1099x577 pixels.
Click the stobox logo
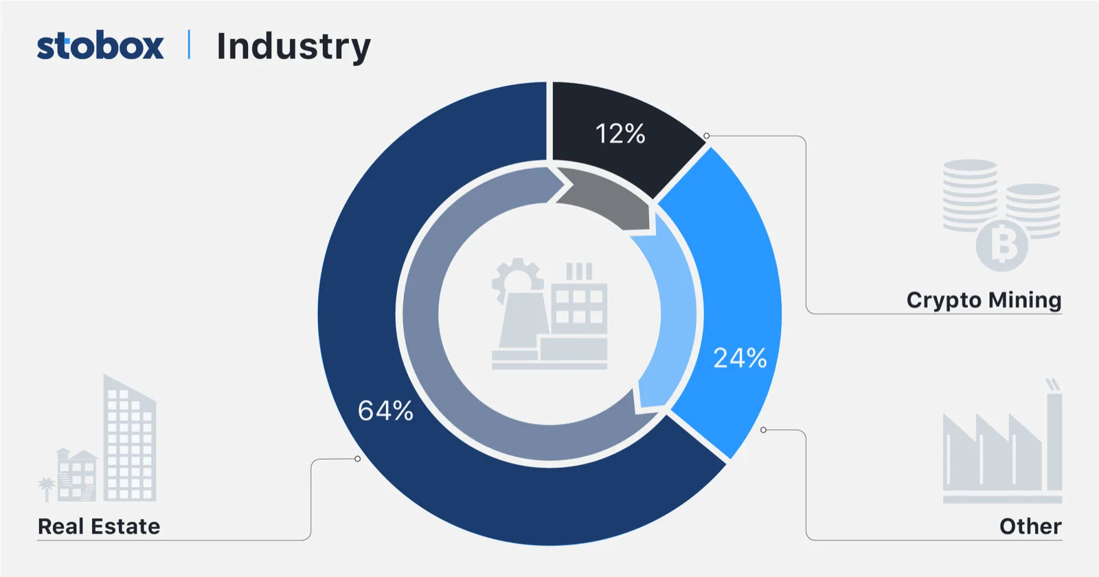click(100, 46)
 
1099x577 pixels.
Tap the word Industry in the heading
click(293, 47)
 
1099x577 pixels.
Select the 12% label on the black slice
click(620, 134)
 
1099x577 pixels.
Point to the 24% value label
click(740, 358)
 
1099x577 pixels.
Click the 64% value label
click(385, 411)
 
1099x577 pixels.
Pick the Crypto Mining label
click(984, 300)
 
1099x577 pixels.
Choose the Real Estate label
click(99, 526)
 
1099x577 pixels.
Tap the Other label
click(1030, 526)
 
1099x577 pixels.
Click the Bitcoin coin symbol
click(1003, 245)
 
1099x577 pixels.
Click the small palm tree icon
click(46, 488)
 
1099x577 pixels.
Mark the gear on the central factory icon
click(517, 278)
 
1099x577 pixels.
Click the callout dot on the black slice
click(706, 136)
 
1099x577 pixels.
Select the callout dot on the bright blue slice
click(763, 430)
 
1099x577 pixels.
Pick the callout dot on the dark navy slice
click(357, 458)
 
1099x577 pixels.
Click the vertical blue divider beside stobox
click(189, 45)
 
